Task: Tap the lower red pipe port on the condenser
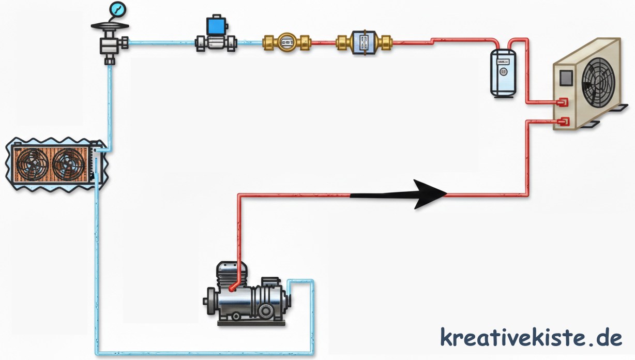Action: (x=563, y=122)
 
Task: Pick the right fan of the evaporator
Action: (x=68, y=163)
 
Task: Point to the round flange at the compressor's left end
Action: (x=210, y=301)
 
